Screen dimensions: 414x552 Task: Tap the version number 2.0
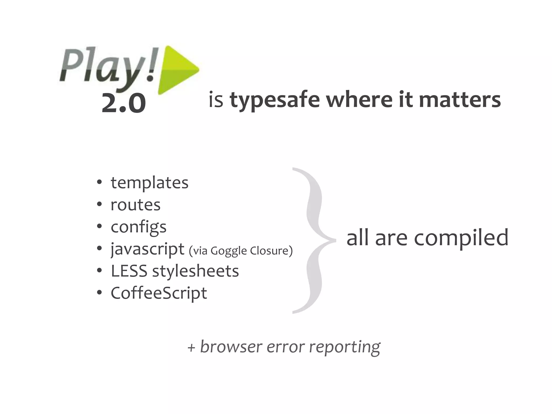(x=124, y=103)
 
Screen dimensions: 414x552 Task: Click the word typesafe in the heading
(x=275, y=100)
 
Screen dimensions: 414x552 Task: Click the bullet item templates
(x=149, y=183)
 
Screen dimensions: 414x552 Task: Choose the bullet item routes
(x=136, y=205)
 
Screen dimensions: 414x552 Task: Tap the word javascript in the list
(x=147, y=249)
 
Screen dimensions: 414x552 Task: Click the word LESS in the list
(x=129, y=271)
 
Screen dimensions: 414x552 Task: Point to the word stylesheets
(x=195, y=271)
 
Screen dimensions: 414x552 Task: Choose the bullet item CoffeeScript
(x=159, y=293)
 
